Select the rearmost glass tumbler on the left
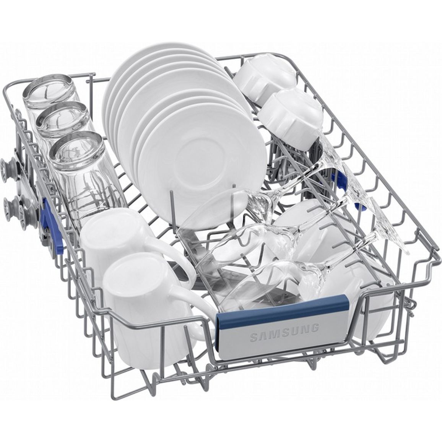(x=51, y=93)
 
